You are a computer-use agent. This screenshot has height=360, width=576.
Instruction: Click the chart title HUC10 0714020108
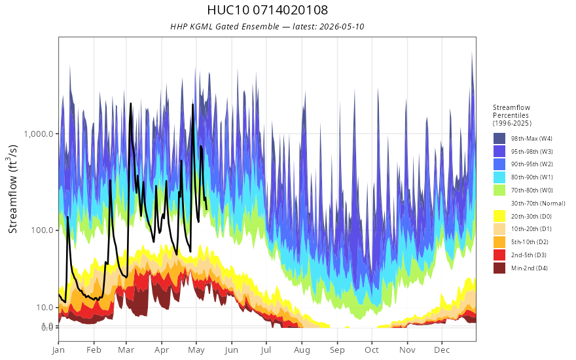(x=268, y=10)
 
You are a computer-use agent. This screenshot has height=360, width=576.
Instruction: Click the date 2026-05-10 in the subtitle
(x=342, y=26)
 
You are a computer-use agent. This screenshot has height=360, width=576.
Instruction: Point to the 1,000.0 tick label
(x=39, y=134)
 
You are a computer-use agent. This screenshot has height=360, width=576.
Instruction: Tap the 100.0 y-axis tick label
(x=43, y=230)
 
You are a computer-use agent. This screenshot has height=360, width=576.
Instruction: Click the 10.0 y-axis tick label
(x=45, y=308)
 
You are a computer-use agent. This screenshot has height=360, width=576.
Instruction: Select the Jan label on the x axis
(x=58, y=350)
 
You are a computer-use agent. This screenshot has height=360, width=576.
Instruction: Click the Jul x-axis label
(x=266, y=350)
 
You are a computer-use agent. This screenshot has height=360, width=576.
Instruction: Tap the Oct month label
(x=372, y=350)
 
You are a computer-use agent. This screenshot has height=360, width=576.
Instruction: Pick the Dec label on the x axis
(x=442, y=350)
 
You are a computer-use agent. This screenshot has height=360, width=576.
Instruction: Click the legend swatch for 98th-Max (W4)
(x=499, y=139)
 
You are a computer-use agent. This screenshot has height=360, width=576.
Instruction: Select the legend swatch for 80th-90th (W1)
(x=499, y=177)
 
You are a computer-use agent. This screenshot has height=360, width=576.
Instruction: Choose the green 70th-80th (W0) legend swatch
(x=499, y=190)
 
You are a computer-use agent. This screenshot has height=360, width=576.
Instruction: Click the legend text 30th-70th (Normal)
(x=538, y=203)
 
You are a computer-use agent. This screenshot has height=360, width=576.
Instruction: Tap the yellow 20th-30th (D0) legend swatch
(x=499, y=216)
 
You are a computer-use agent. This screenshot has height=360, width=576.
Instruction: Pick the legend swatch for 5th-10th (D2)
(x=499, y=242)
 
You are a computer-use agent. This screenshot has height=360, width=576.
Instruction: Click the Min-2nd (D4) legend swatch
(x=499, y=268)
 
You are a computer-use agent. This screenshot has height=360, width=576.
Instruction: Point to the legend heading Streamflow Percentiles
(x=511, y=111)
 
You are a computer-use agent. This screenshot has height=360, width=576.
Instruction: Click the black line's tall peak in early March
(x=131, y=103)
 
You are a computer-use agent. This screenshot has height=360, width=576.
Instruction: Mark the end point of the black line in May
(x=206, y=209)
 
